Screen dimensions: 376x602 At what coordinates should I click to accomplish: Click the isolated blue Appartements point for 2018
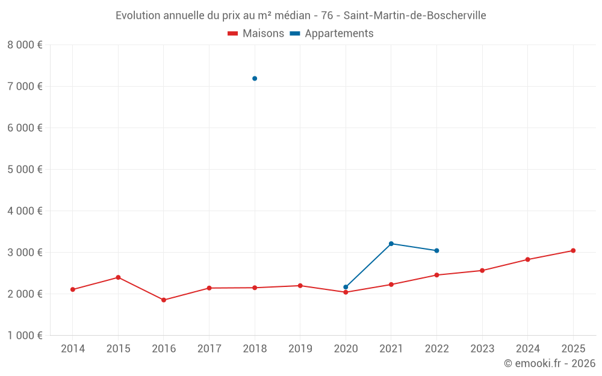click(x=255, y=78)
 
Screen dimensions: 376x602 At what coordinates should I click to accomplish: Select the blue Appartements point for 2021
click(x=391, y=244)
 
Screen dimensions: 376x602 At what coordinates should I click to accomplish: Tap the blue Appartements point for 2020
click(x=346, y=287)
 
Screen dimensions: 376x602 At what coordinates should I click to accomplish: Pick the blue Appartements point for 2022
click(x=436, y=250)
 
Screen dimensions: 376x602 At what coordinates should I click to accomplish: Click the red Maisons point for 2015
click(x=118, y=277)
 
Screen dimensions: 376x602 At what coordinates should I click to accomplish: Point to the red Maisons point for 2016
click(x=164, y=300)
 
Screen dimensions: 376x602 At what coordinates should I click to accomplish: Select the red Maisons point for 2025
click(x=573, y=250)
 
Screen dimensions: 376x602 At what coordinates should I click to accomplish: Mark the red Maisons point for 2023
click(x=482, y=270)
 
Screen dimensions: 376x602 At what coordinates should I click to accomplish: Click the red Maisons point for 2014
click(x=73, y=289)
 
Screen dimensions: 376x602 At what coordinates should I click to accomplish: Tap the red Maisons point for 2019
click(x=300, y=286)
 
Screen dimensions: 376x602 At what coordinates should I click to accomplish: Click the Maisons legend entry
click(x=256, y=34)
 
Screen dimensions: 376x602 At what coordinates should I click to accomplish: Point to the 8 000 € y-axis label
click(x=25, y=45)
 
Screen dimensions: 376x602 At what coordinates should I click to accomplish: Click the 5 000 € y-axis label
click(x=25, y=170)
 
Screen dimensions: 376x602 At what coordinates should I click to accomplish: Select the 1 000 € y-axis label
click(x=25, y=336)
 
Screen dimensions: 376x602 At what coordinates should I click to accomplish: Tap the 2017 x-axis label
click(x=209, y=348)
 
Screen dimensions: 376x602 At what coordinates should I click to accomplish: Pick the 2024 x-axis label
click(x=527, y=348)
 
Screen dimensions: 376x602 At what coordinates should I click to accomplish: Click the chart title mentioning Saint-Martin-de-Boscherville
click(x=300, y=16)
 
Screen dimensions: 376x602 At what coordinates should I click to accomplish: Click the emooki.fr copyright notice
click(x=549, y=363)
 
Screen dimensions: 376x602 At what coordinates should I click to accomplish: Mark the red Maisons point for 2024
click(x=527, y=259)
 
